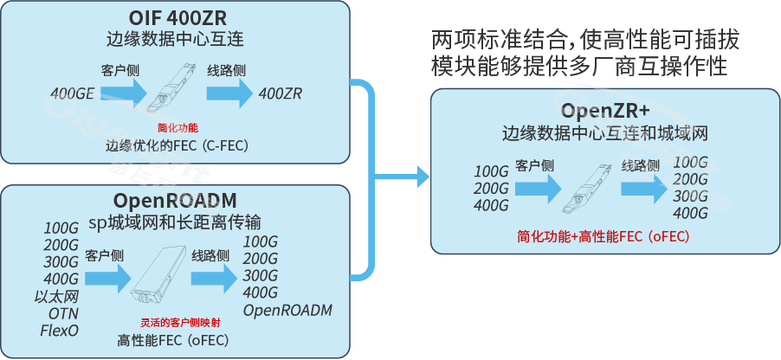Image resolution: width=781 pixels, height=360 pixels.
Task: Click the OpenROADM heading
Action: pyautogui.click(x=176, y=200)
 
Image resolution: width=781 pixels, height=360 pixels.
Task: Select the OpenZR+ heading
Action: pyautogui.click(x=604, y=111)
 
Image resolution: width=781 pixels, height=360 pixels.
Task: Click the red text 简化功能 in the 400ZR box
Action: pyautogui.click(x=177, y=127)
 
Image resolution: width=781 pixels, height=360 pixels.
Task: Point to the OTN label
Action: pyautogui.click(x=63, y=312)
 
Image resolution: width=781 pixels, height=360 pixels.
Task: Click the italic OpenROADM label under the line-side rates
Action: pyautogui.click(x=287, y=310)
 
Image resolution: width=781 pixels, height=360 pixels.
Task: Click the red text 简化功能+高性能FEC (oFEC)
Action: pyautogui.click(x=603, y=235)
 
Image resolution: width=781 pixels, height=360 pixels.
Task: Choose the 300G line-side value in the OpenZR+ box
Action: pyautogui.click(x=691, y=196)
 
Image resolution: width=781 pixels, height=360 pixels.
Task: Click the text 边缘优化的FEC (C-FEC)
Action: pyautogui.click(x=177, y=145)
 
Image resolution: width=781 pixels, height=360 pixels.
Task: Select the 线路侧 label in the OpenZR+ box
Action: pyautogui.click(x=641, y=165)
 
